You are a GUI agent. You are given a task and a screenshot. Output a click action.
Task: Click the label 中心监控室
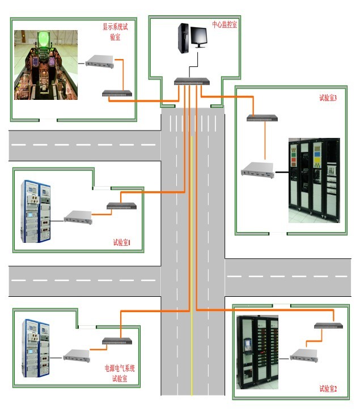point(225,24)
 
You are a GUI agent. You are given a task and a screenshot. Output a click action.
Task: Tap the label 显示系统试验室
point(115,32)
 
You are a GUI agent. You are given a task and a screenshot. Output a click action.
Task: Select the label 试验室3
point(328,98)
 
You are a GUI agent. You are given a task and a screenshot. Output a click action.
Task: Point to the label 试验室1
point(122,242)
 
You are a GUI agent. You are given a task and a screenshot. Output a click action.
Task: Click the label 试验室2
point(328,389)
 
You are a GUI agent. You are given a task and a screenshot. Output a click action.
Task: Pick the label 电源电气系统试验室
point(120,373)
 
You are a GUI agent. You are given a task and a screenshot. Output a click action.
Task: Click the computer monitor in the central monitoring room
point(199,37)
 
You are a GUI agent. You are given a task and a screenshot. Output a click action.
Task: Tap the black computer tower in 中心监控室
point(184,38)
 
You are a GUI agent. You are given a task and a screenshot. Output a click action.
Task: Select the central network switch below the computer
point(192,82)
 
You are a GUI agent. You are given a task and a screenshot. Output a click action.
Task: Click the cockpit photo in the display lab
point(46,65)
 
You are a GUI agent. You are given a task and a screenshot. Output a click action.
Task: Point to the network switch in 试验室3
point(262,118)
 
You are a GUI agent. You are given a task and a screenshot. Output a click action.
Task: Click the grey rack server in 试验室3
point(257,170)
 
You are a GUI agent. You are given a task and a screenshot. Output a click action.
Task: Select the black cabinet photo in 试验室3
point(314,180)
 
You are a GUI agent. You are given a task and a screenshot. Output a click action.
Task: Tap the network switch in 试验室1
point(122,206)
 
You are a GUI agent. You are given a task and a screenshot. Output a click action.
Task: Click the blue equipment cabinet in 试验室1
point(36,212)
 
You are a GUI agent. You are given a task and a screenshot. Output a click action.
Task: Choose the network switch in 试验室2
point(328,325)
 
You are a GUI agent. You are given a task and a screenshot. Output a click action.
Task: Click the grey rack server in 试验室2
point(304,355)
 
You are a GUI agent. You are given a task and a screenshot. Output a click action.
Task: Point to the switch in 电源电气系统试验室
point(117,341)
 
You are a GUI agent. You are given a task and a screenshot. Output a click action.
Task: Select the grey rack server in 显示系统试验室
point(100,61)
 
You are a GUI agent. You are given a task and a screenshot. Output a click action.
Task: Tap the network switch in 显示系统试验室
point(117,93)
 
